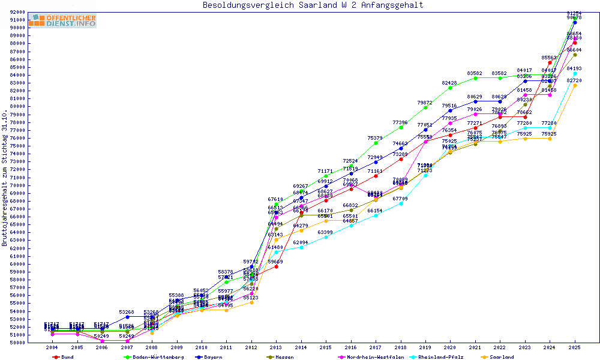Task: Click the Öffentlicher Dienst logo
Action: [x=62, y=21]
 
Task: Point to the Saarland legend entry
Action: [x=502, y=356]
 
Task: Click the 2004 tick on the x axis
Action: [x=52, y=347]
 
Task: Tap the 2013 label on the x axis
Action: [x=276, y=347]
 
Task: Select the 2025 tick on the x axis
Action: [x=575, y=347]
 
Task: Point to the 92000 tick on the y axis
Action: [x=17, y=12]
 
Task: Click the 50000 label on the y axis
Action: [x=17, y=343]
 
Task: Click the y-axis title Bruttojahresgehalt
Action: [x=5, y=178]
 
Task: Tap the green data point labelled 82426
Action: [x=450, y=88]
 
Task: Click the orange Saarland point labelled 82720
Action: [x=575, y=85]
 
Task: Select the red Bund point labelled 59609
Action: [x=276, y=266]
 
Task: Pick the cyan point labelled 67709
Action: [x=400, y=203]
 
